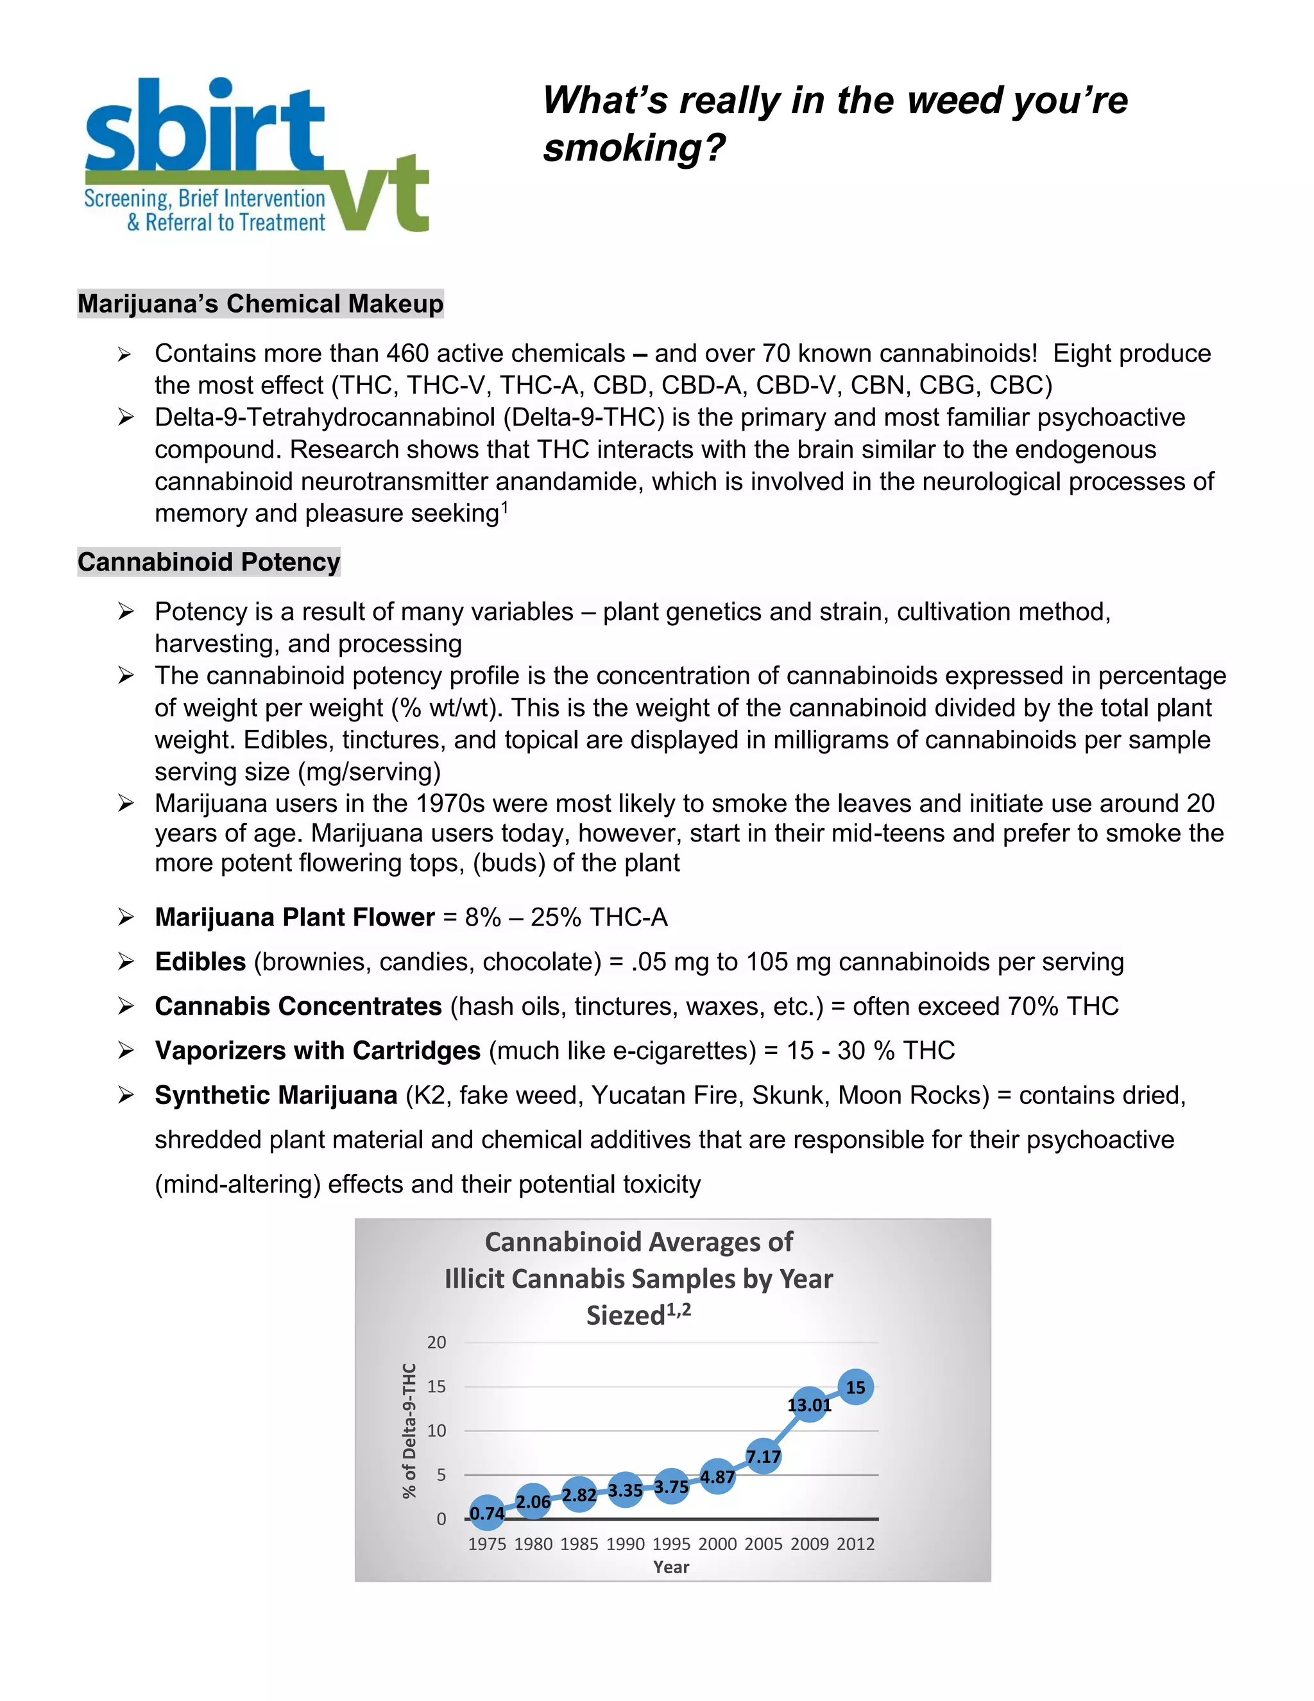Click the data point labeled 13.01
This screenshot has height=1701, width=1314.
[810, 1404]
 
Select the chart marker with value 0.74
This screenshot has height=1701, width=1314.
[488, 1512]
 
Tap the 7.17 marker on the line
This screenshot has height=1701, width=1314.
[763, 1456]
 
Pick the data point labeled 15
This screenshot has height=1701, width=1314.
[855, 1387]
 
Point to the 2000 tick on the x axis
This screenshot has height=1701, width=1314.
[717, 1544]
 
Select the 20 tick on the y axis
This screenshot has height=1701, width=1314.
[437, 1342]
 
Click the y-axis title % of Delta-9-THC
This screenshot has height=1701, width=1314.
[409, 1431]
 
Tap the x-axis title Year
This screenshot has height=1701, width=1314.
[671, 1567]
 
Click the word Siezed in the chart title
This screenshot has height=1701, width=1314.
[625, 1315]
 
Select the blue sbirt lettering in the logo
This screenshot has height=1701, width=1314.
[204, 127]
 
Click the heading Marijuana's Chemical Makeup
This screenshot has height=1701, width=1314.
[260, 303]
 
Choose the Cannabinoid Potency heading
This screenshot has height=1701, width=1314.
[209, 562]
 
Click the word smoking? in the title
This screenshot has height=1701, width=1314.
[634, 148]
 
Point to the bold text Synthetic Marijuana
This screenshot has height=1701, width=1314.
[275, 1095]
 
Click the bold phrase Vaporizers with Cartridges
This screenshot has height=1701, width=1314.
[317, 1050]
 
